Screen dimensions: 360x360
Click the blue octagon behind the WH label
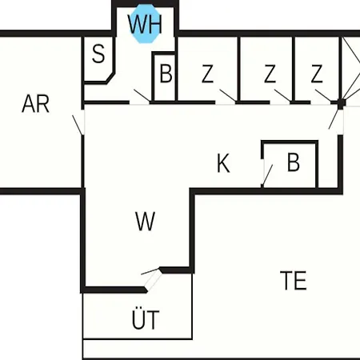pyautogui.click(x=146, y=23)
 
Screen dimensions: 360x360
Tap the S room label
pyautogui.click(x=98, y=54)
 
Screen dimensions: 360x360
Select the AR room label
pyautogui.click(x=35, y=104)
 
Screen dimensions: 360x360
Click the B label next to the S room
pyautogui.click(x=166, y=73)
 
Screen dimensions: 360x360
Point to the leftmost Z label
pyautogui.click(x=207, y=74)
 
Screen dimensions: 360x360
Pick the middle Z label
pyautogui.click(x=270, y=74)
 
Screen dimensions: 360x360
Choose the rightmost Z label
pyautogui.click(x=317, y=74)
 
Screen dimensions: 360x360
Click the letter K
pyautogui.click(x=223, y=163)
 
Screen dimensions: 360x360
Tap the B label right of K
pyautogui.click(x=294, y=162)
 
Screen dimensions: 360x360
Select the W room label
pyautogui.click(x=145, y=221)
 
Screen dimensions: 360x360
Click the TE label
pyautogui.click(x=294, y=280)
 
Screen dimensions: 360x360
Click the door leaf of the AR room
pyautogui.click(x=78, y=125)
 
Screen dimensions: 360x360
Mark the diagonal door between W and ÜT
pyautogui.click(x=154, y=280)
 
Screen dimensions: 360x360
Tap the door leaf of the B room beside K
pyautogui.click(x=267, y=175)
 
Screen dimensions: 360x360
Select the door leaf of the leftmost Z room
pyautogui.click(x=227, y=96)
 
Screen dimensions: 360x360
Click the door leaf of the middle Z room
pyautogui.click(x=282, y=96)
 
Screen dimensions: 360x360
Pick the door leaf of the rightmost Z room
pyautogui.click(x=323, y=95)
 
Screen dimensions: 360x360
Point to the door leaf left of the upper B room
pyautogui.click(x=142, y=96)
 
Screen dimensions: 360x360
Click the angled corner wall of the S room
pyautogui.click(x=110, y=78)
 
